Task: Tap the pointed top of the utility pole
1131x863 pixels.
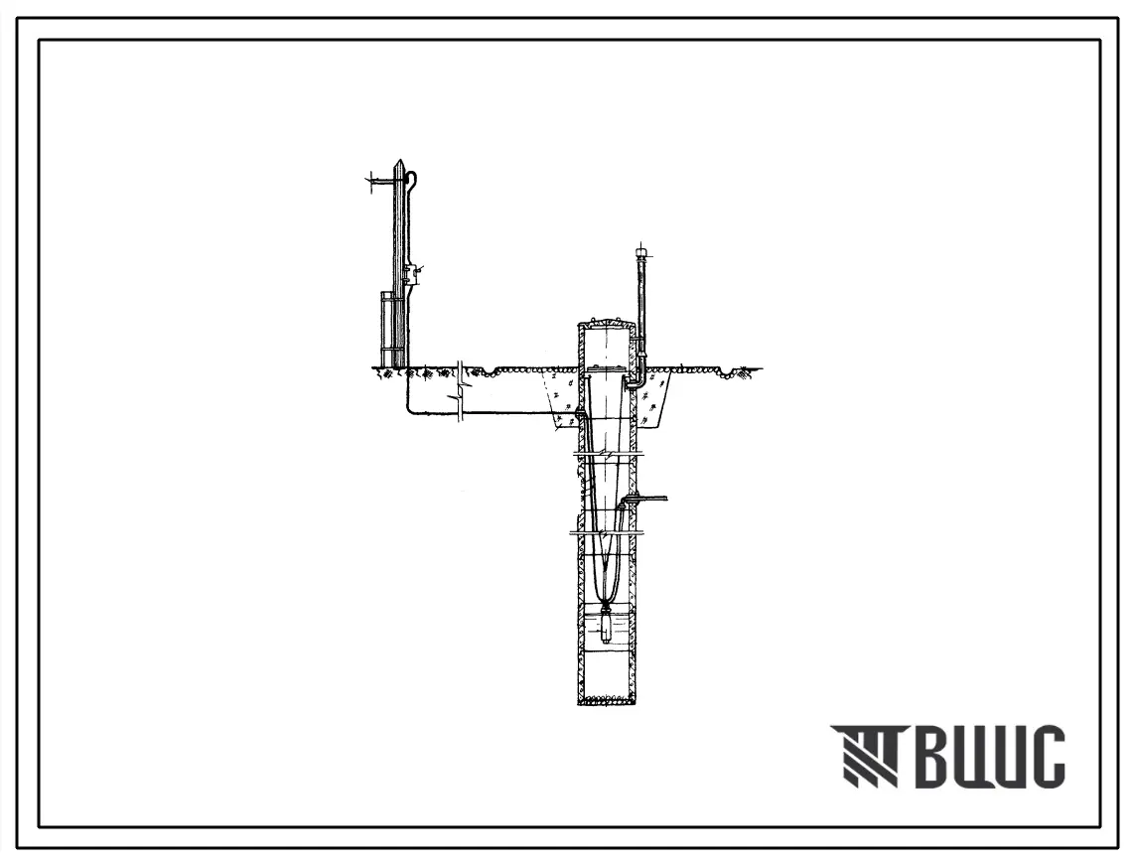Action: point(397,161)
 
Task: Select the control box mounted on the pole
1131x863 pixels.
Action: point(408,273)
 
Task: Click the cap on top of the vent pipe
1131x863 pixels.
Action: point(641,253)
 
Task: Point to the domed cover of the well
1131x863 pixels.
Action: point(607,321)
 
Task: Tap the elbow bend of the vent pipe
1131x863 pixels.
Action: point(639,381)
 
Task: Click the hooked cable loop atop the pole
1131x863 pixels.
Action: point(413,178)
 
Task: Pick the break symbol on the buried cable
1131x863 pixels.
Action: point(460,388)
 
